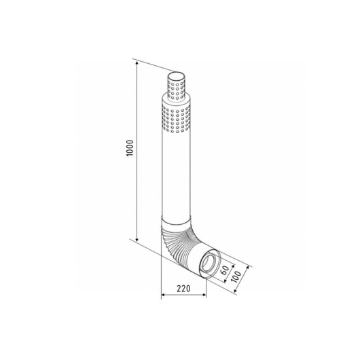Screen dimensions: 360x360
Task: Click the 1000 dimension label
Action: [x=130, y=148]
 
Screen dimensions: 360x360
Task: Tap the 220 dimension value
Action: [x=183, y=289]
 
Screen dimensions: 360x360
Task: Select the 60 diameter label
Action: [x=225, y=270]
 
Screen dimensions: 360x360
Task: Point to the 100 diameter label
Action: [x=236, y=277]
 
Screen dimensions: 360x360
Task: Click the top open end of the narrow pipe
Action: [x=177, y=76]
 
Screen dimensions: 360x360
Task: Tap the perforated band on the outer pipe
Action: [x=177, y=118]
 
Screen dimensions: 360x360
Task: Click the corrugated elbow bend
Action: [x=181, y=243]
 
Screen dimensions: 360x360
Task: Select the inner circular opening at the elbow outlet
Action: [x=209, y=262]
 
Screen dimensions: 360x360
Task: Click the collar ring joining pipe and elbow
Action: [x=176, y=221]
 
